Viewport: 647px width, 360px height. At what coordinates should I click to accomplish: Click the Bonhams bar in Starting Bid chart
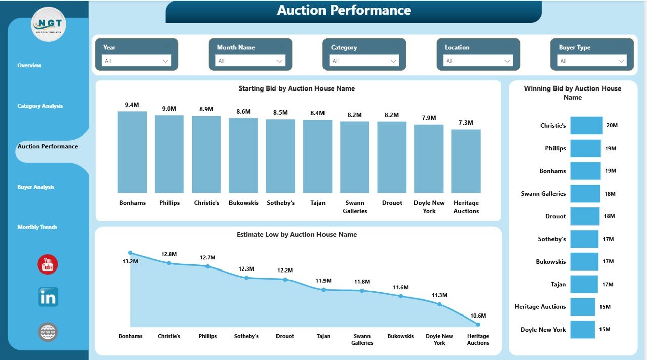[132, 152]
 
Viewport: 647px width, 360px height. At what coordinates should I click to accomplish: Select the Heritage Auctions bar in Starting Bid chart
[466, 161]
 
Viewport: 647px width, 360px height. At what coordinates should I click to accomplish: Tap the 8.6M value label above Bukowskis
[243, 111]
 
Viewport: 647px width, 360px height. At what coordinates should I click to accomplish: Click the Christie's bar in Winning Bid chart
[586, 125]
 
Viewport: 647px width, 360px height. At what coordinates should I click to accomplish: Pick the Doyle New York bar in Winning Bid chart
[582, 330]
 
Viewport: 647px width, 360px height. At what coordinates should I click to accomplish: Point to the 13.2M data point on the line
[130, 253]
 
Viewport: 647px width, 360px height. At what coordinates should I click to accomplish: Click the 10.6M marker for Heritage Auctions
[478, 325]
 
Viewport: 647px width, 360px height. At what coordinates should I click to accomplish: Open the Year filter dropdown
[136, 61]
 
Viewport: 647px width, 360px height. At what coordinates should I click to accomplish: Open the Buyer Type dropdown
[592, 61]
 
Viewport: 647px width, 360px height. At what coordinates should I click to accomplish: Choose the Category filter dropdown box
[364, 61]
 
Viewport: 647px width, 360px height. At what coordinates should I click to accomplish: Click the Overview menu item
[29, 66]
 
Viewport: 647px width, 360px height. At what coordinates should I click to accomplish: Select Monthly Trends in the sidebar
[37, 227]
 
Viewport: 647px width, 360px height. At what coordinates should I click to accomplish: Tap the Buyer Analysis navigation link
[35, 187]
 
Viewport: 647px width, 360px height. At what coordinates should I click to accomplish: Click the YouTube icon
[48, 264]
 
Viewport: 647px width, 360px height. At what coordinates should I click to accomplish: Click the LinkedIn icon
[48, 297]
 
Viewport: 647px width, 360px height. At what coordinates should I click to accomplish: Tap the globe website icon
[48, 332]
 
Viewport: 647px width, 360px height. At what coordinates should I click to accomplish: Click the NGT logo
[48, 24]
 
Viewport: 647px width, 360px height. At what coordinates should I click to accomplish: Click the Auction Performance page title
[344, 10]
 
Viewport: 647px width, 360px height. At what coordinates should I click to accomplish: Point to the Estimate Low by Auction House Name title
[297, 235]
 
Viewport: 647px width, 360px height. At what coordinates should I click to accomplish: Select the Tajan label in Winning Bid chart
[558, 285]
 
